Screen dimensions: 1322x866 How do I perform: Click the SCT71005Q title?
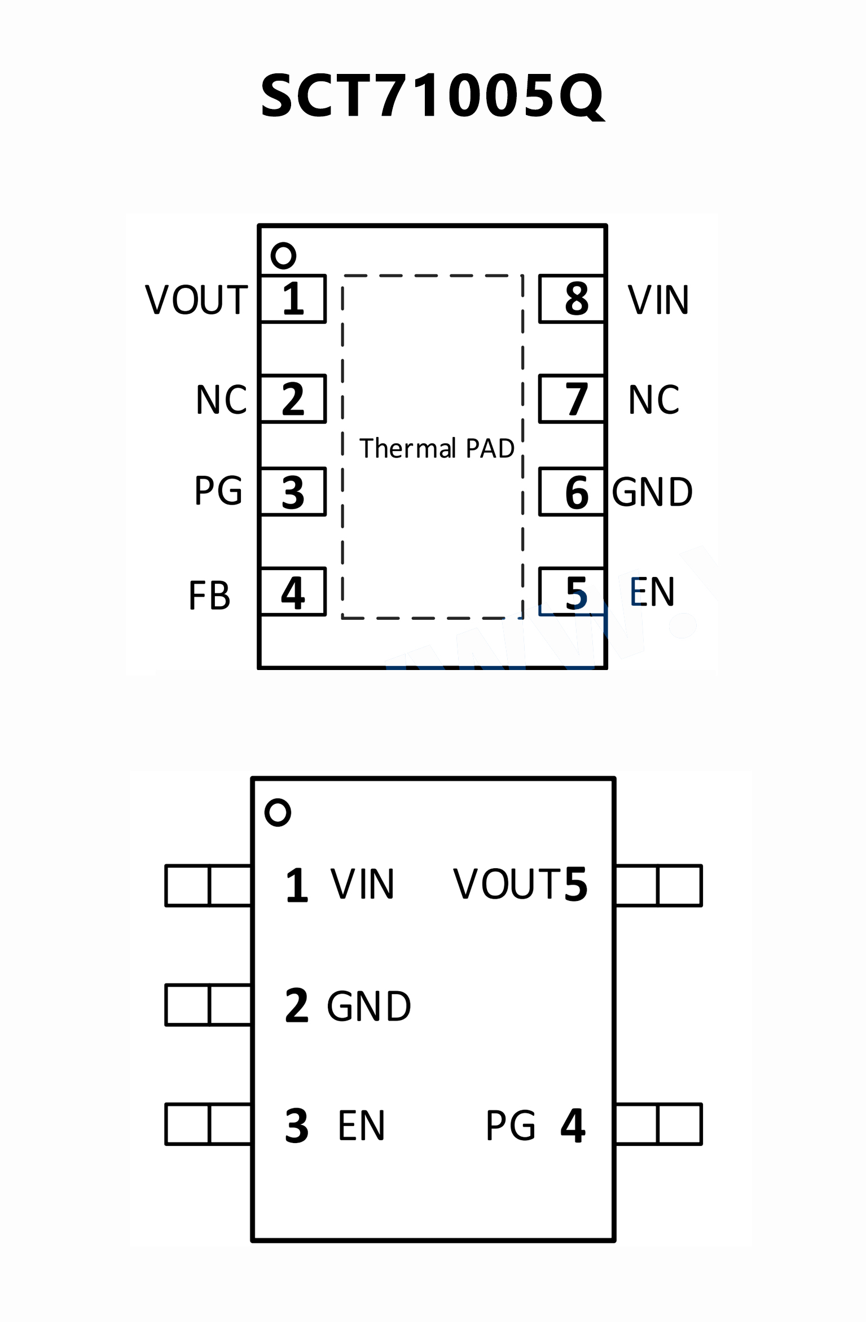tap(432, 96)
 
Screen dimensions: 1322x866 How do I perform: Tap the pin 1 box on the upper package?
tap(293, 299)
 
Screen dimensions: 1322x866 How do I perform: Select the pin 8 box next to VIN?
tap(572, 299)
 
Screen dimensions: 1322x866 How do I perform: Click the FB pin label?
tap(209, 596)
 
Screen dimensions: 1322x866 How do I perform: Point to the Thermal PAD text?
tap(437, 448)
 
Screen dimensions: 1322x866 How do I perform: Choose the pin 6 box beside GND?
tap(572, 492)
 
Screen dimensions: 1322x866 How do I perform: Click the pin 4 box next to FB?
tap(293, 592)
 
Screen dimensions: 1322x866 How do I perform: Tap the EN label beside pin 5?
tap(652, 592)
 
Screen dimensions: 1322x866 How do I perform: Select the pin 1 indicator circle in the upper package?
tap(283, 256)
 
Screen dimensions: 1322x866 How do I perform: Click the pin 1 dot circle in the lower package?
tap(278, 813)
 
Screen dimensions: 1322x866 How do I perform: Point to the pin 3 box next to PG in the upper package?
tap(293, 492)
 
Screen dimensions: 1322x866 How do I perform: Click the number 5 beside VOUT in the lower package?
tap(575, 885)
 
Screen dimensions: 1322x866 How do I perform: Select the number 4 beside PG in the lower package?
tap(573, 1126)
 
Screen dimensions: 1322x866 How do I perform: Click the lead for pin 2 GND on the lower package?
tap(208, 1005)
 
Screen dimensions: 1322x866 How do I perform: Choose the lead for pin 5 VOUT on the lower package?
tap(659, 885)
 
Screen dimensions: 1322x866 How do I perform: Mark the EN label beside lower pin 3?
tap(361, 1126)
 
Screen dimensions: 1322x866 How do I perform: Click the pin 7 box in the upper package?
tap(572, 399)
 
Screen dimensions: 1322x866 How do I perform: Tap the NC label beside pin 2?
tap(221, 400)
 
